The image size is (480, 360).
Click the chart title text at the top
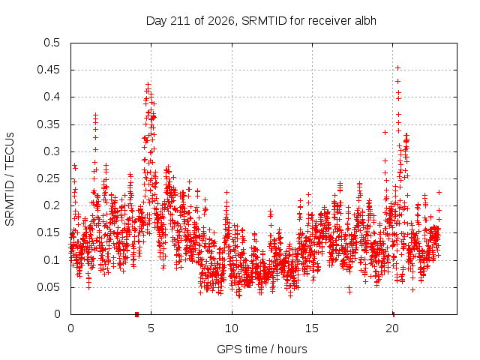261,21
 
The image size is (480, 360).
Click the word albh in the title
365,20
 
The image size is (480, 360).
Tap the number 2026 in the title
221,21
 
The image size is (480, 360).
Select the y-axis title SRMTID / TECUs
10,179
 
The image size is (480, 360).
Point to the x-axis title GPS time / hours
262,349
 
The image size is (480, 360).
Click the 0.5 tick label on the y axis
52,43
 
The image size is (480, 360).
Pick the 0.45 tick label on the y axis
48,70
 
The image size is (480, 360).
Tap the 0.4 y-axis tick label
52,97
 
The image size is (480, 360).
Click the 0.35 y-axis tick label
48,124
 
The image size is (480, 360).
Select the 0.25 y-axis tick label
48,178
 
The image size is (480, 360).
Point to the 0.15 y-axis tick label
48,232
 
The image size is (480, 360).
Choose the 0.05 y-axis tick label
48,287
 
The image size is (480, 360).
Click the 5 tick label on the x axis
151,328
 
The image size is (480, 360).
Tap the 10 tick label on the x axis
232,328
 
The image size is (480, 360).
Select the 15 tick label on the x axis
312,328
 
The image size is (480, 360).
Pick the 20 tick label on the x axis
392,328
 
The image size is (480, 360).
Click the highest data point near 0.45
397,67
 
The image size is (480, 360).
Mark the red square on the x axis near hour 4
136,314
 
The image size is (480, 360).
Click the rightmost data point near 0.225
439,192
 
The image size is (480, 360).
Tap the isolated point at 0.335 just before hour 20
385,132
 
